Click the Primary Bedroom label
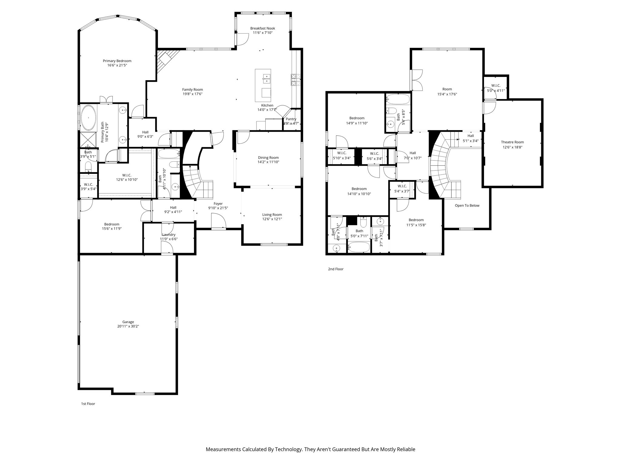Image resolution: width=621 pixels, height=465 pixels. coord(117,61)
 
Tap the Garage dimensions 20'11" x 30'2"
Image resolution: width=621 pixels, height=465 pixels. coord(128,326)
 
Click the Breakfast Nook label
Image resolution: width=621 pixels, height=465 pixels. coord(263,28)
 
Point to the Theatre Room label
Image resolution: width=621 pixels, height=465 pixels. coord(512,142)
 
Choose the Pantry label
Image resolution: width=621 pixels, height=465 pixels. coord(291,119)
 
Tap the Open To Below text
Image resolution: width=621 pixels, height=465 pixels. coord(467,206)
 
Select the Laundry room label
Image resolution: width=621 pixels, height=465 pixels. coord(169,235)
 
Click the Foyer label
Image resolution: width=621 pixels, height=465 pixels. coord(218,204)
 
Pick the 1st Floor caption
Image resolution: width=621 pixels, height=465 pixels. coord(88,404)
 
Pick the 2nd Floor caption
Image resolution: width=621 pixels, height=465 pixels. coord(336,269)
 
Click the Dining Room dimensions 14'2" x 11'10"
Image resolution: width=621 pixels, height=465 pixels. coord(268,162)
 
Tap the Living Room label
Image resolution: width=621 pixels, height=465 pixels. coord(272,215)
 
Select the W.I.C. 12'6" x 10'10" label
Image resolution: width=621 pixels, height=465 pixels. coord(127,175)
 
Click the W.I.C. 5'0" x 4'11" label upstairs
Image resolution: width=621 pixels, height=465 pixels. coord(496,86)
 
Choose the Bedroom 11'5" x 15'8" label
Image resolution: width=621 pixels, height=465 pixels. coord(416,220)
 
